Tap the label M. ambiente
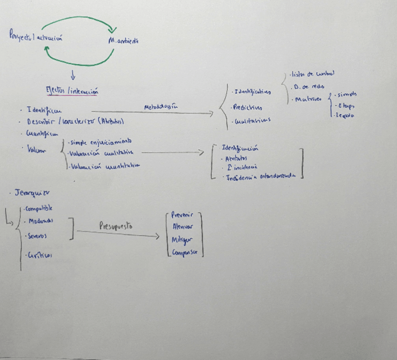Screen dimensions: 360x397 click(x=123, y=41)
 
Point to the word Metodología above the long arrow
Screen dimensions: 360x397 click(x=162, y=107)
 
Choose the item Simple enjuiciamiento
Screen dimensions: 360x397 click(x=101, y=141)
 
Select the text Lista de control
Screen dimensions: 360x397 click(x=312, y=74)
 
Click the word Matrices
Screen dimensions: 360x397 click(x=308, y=99)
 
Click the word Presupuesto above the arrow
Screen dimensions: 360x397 click(x=115, y=226)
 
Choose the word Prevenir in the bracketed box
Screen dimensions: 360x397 click(x=183, y=215)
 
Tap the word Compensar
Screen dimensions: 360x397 click(x=185, y=253)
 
